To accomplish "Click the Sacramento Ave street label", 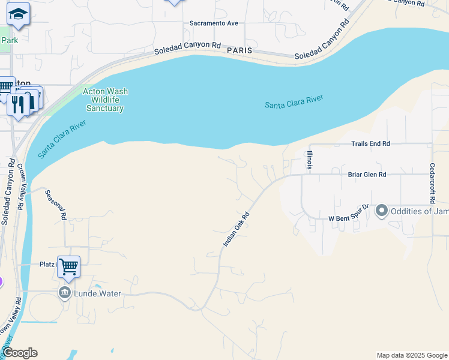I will [214, 23].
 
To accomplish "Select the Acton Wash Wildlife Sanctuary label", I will [105, 100].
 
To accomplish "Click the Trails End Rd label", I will [370, 143].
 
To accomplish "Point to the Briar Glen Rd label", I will [367, 175].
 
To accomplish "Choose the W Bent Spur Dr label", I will [348, 215].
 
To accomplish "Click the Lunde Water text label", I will [98, 293].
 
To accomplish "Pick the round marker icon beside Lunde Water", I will [65, 293].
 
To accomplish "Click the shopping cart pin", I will [68, 266].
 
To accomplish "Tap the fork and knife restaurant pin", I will [18, 104].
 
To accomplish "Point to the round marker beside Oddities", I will [381, 211].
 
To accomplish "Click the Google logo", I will [20, 353].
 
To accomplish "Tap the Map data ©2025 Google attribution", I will [411, 355].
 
